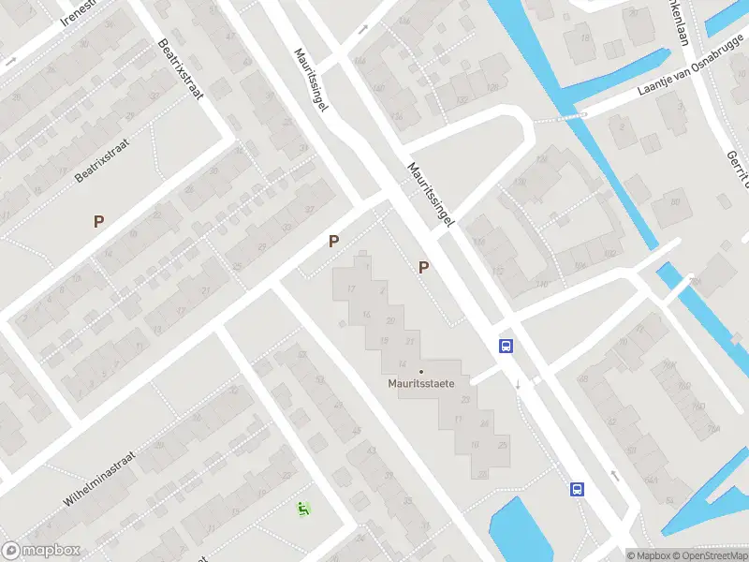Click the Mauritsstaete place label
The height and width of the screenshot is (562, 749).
click(x=421, y=383)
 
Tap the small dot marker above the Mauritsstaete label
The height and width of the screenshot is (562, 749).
click(x=421, y=371)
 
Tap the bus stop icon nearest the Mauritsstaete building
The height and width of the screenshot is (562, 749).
click(x=506, y=346)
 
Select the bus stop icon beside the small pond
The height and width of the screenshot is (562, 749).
click(x=577, y=489)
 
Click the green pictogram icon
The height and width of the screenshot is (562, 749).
click(x=302, y=509)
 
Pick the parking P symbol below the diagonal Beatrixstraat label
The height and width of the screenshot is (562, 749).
click(x=97, y=221)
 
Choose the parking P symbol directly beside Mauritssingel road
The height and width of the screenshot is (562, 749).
click(x=424, y=268)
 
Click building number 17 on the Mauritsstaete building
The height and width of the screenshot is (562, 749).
click(x=351, y=288)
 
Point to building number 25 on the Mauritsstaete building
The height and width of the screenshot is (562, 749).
click(x=503, y=443)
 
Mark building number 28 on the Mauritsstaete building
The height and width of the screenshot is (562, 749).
click(x=483, y=475)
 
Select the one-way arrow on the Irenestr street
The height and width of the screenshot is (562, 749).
click(x=11, y=60)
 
